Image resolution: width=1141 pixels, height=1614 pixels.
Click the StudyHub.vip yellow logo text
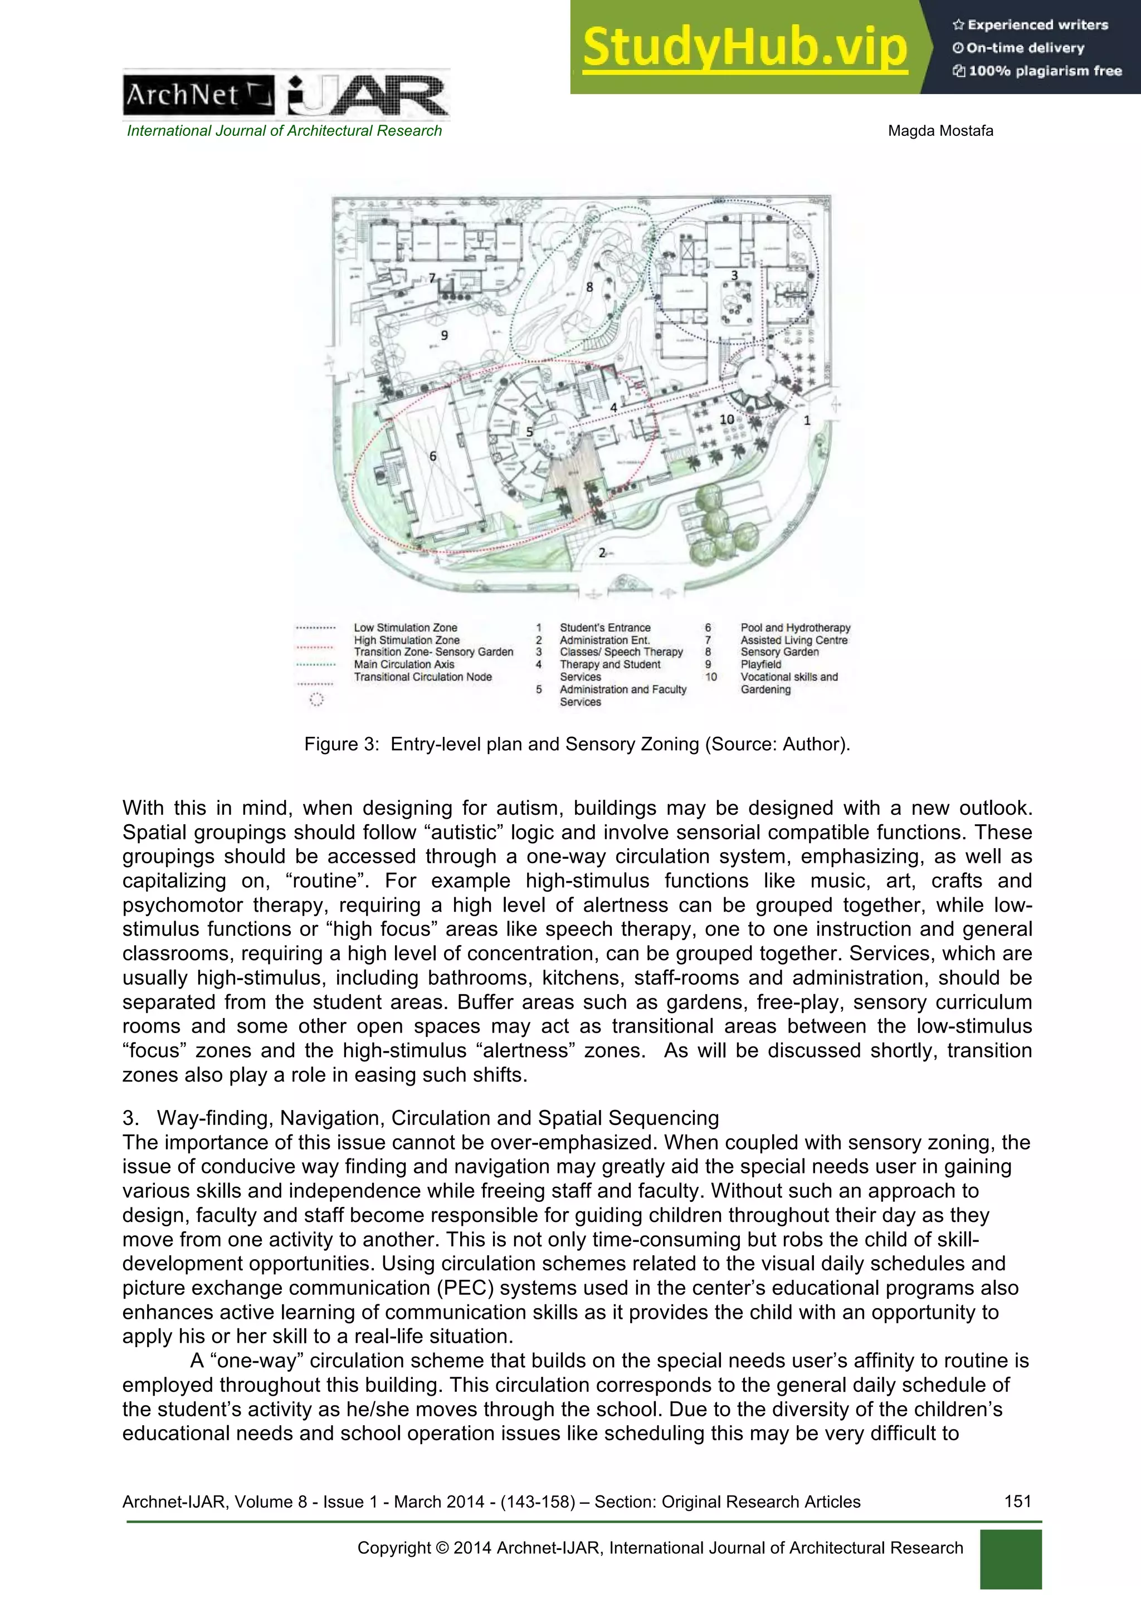(x=744, y=48)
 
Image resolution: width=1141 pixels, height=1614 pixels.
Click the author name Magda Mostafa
(x=940, y=131)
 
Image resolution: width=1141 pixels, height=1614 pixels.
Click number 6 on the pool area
(x=432, y=456)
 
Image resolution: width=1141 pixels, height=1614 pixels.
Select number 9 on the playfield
(x=443, y=335)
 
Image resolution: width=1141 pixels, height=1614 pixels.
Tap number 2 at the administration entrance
(x=602, y=553)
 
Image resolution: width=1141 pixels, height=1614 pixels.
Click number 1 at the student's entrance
(x=807, y=420)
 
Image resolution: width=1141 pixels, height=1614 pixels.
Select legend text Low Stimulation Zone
(x=405, y=628)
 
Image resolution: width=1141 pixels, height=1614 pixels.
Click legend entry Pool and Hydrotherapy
(x=794, y=628)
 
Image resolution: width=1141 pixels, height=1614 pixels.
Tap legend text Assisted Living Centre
(x=793, y=640)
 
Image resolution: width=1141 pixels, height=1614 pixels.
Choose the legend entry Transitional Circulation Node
(x=422, y=677)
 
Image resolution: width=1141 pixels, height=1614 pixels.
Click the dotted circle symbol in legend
(x=316, y=700)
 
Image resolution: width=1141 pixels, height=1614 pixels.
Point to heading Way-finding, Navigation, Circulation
(x=437, y=1118)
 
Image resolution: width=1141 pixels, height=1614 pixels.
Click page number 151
(x=1017, y=1501)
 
